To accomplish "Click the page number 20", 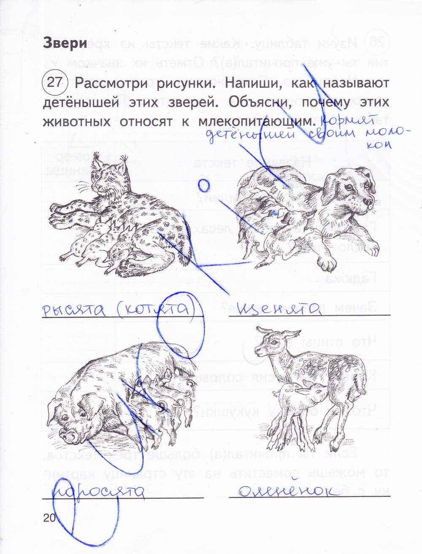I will click(x=49, y=518).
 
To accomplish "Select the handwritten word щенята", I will click(x=279, y=309).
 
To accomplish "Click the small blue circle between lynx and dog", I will click(x=204, y=184).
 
